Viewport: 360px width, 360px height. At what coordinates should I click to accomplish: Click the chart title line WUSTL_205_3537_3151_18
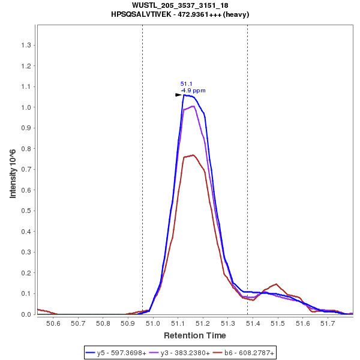point(180,5)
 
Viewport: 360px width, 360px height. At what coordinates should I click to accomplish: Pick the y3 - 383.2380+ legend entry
point(182,353)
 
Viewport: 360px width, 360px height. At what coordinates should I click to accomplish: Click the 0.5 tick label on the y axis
point(26,211)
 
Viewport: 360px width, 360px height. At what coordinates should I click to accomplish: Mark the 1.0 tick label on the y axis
point(26,107)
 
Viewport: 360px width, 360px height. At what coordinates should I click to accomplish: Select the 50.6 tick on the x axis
point(54,324)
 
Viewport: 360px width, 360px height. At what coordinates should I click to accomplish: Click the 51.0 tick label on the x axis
point(153,324)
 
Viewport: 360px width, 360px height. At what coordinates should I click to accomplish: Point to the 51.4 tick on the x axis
point(253,324)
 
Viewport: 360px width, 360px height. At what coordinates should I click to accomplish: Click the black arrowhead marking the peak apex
point(178,95)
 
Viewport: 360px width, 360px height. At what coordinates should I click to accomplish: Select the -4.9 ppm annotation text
point(193,91)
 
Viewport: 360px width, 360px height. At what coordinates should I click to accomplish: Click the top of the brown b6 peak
point(193,155)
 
